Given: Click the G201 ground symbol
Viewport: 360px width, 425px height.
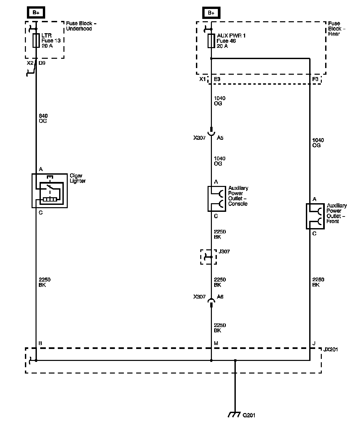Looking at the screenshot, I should pos(234,415).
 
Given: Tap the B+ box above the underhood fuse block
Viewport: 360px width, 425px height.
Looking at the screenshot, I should pos(36,13).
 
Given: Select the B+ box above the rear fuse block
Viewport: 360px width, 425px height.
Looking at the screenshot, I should pos(211,13).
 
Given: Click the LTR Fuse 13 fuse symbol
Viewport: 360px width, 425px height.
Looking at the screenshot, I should pos(36,41).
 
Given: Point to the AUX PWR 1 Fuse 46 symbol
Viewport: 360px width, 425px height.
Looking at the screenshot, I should pos(211,41).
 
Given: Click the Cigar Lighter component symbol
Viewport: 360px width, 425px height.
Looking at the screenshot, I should pos(49,191).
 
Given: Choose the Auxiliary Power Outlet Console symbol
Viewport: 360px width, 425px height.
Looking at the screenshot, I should pos(217,199).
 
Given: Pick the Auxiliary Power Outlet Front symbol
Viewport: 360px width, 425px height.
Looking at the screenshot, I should pos(315,216).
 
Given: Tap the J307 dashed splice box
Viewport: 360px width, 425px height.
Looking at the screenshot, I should pos(209,257).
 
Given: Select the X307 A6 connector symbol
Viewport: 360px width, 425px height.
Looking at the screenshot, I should pos(211,301).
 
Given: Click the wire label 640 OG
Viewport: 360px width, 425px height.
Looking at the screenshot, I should pos(43,119).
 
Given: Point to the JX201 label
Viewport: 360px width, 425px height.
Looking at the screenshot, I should pos(330,350).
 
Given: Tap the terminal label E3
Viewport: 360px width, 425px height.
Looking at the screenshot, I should pos(217,79).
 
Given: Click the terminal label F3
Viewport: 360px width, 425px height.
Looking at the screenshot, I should pos(315,79).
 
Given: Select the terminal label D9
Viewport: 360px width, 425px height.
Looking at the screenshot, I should pos(42,63).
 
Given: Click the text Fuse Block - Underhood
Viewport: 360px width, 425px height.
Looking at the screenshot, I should pos(81,26).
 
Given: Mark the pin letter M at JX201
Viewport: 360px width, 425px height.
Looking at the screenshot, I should pos(216,343).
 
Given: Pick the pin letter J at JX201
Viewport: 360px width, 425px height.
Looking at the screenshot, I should pos(314,343).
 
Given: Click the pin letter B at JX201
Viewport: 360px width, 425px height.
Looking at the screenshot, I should pos(41,343).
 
